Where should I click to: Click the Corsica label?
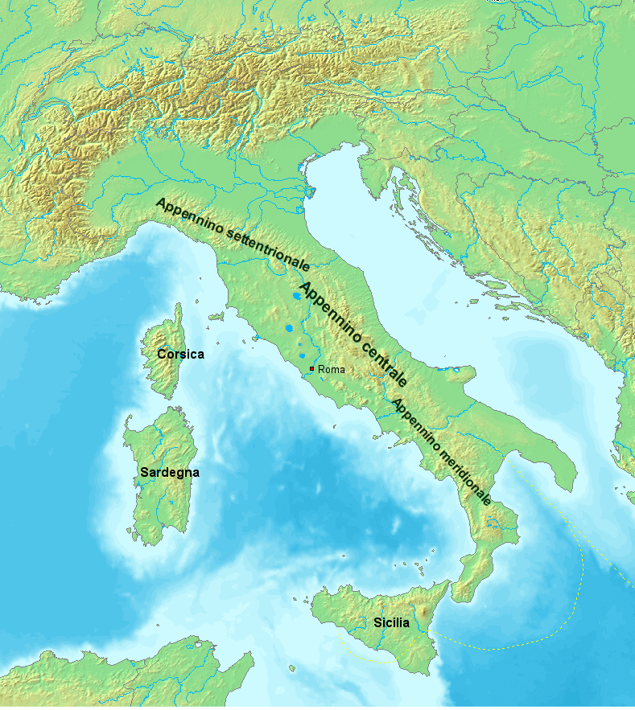[x=180, y=354]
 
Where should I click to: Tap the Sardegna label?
[x=169, y=473]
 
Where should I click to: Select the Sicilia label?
[x=391, y=622]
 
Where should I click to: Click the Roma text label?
[x=332, y=369]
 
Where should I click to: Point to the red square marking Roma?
[x=312, y=368]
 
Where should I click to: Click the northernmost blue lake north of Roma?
[x=299, y=296]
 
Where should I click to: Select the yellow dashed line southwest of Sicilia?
[x=366, y=656]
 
